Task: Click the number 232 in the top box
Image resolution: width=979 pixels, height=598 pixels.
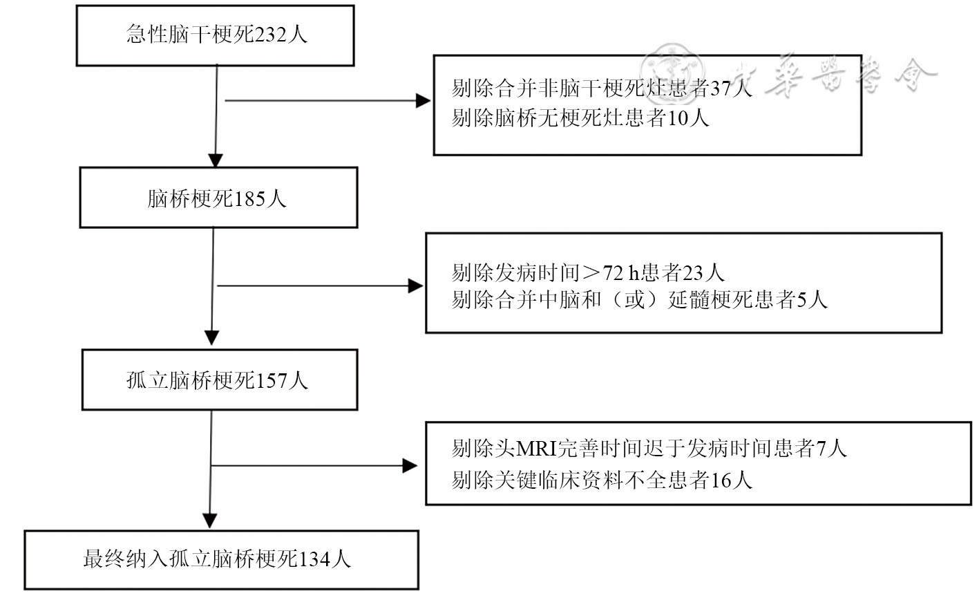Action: [270, 35]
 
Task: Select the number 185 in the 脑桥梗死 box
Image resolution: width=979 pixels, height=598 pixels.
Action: [250, 200]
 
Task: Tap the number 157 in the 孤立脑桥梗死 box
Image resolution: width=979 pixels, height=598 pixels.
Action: [271, 381]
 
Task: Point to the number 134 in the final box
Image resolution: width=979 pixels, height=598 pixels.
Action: [314, 559]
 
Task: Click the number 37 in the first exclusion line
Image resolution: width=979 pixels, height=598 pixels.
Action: [721, 88]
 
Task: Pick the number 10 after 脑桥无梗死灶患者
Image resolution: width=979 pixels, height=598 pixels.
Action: [678, 118]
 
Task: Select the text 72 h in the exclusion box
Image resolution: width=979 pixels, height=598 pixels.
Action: [620, 273]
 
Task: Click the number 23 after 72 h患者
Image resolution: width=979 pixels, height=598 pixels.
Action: [692, 273]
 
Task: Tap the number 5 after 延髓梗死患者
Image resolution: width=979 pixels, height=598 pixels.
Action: [801, 300]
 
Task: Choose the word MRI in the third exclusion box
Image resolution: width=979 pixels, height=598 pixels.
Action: [536, 449]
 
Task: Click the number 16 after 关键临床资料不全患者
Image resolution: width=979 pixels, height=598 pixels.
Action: [721, 480]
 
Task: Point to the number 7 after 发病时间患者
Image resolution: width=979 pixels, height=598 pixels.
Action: [821, 449]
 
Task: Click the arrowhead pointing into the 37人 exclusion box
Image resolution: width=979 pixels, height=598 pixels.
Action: [423, 101]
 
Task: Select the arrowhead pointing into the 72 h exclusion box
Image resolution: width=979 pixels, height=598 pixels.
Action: [415, 286]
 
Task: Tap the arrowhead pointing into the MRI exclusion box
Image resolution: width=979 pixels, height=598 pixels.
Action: [410, 465]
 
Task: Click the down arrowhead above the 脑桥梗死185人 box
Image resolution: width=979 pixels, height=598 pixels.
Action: [216, 160]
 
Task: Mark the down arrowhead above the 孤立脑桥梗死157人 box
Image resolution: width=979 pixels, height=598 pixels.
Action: [212, 338]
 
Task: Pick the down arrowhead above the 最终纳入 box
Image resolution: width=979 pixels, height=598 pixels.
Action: [210, 521]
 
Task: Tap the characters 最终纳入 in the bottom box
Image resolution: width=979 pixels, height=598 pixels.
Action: [126, 559]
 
